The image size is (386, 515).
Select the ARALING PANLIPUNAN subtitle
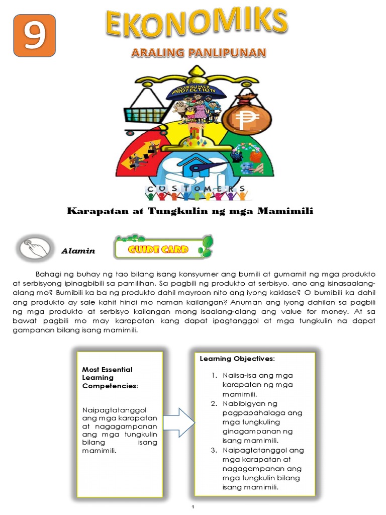click(198, 52)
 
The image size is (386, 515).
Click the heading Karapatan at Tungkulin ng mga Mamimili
click(190, 211)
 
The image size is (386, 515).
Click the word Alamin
click(78, 250)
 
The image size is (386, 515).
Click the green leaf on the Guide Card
click(206, 246)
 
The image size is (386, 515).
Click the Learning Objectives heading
click(237, 359)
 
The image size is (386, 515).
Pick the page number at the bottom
click(193, 508)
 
